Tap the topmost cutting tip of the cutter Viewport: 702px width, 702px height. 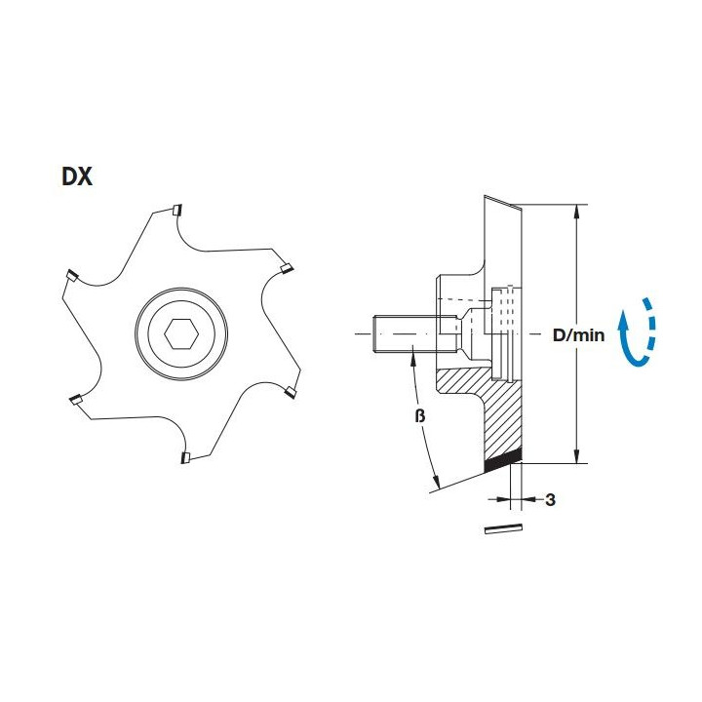[x=175, y=211]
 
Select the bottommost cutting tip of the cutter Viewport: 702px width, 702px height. [x=185, y=456]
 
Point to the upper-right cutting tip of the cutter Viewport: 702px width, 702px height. [x=286, y=267]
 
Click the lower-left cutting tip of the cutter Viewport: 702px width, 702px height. [x=75, y=400]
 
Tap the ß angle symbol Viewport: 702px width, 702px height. [x=420, y=416]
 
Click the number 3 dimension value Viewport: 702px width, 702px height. [x=550, y=500]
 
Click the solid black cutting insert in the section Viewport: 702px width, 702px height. [x=503, y=459]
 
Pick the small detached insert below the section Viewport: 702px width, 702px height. [x=504, y=528]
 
